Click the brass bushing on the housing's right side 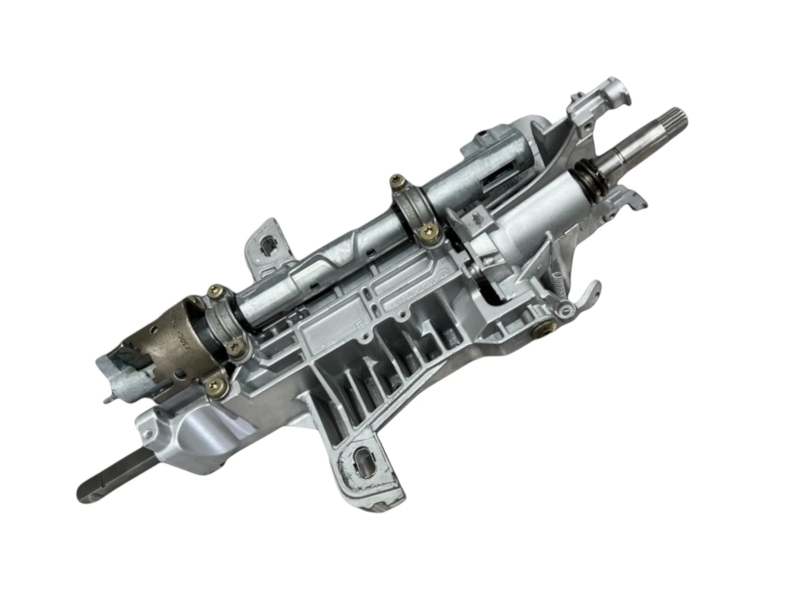coord(535,333)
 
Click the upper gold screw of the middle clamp coord(397,180)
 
